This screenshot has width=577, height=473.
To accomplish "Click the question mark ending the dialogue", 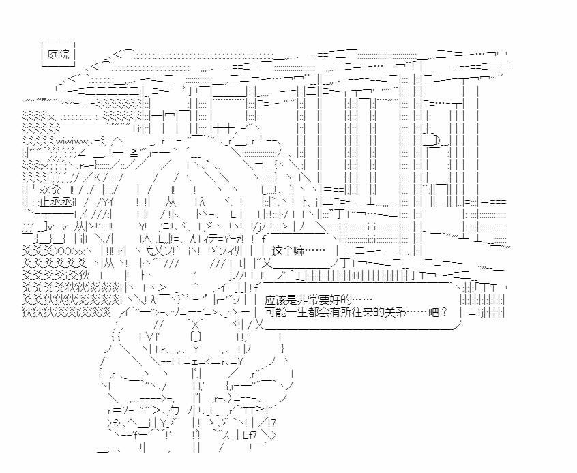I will (x=444, y=312).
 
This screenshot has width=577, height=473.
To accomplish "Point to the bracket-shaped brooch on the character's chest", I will (x=196, y=336).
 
